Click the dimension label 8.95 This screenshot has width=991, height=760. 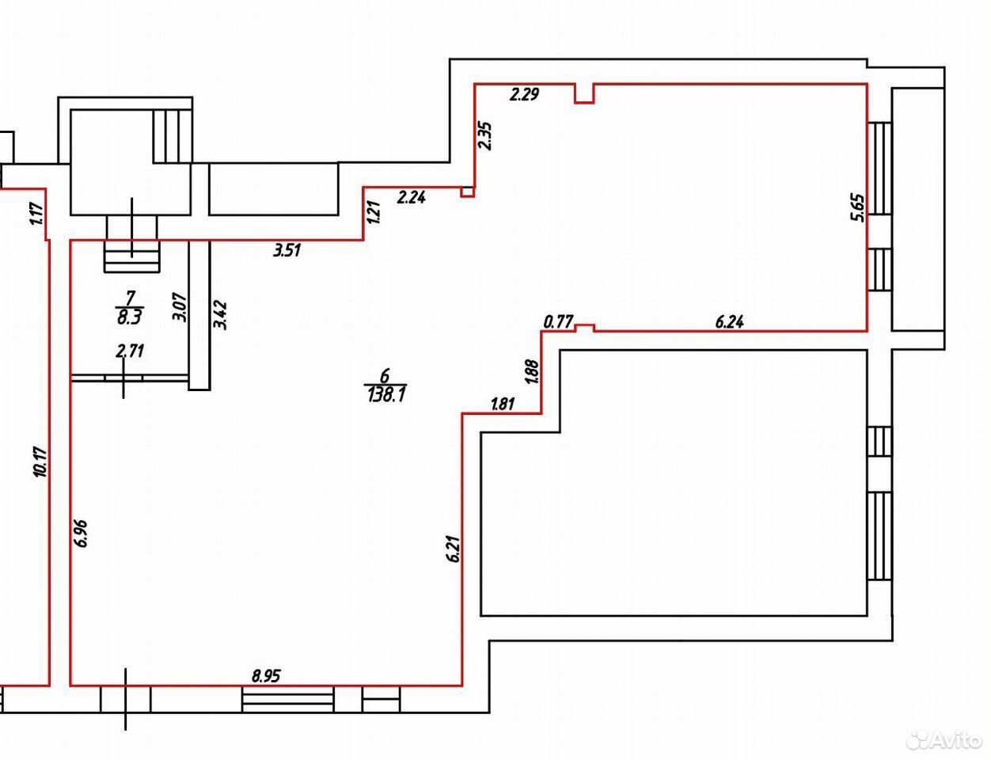266,676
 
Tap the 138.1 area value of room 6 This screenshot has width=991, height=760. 385,394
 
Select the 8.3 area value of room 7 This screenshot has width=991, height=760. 130,317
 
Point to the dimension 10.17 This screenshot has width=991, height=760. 40,462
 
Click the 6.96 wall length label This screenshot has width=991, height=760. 82,533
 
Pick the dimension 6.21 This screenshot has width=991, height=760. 455,549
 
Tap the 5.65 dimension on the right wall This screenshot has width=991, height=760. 857,208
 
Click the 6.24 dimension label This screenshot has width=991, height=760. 729,322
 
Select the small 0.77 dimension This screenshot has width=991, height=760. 558,322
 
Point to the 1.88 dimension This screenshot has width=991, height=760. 533,371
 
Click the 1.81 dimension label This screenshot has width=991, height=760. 503,404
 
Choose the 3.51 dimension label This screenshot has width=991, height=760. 287,250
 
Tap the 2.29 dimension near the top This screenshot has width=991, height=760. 525,94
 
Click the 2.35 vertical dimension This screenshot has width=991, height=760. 484,135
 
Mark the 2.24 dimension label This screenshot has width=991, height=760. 412,197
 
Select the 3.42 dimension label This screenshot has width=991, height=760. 220,314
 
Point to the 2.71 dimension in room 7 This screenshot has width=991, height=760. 131,351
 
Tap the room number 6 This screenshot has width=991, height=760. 385,376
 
